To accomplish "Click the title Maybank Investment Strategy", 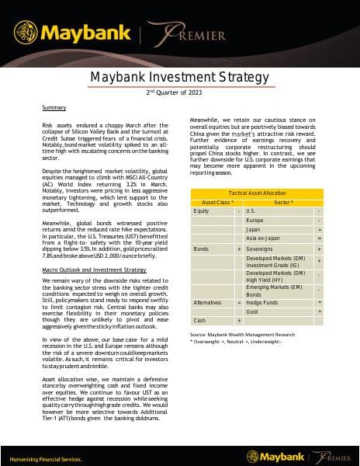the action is pos(179,77).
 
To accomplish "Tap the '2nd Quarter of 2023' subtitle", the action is pos(179,92).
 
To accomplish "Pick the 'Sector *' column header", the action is pos(282,201).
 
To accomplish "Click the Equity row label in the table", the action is pos(201,210).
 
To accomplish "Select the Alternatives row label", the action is pos(206,301).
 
